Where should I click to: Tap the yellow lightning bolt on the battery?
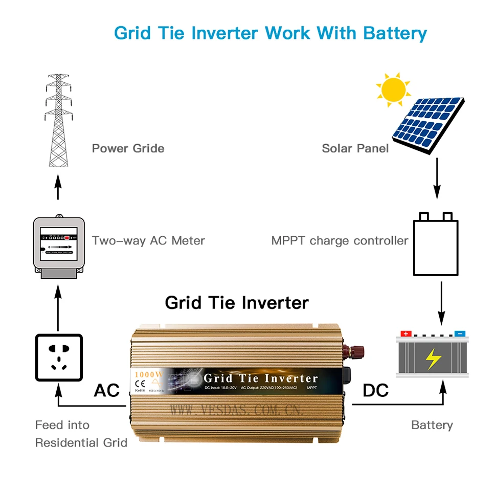point(433,360)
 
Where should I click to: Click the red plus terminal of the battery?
point(407,333)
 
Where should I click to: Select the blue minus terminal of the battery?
point(459,333)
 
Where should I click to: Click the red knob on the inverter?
point(355,352)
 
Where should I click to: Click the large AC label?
point(106,391)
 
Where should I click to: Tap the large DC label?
point(376,391)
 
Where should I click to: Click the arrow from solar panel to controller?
point(436,178)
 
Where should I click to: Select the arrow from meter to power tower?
point(58,186)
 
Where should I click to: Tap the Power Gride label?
point(128,148)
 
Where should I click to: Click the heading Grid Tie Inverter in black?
point(237,303)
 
